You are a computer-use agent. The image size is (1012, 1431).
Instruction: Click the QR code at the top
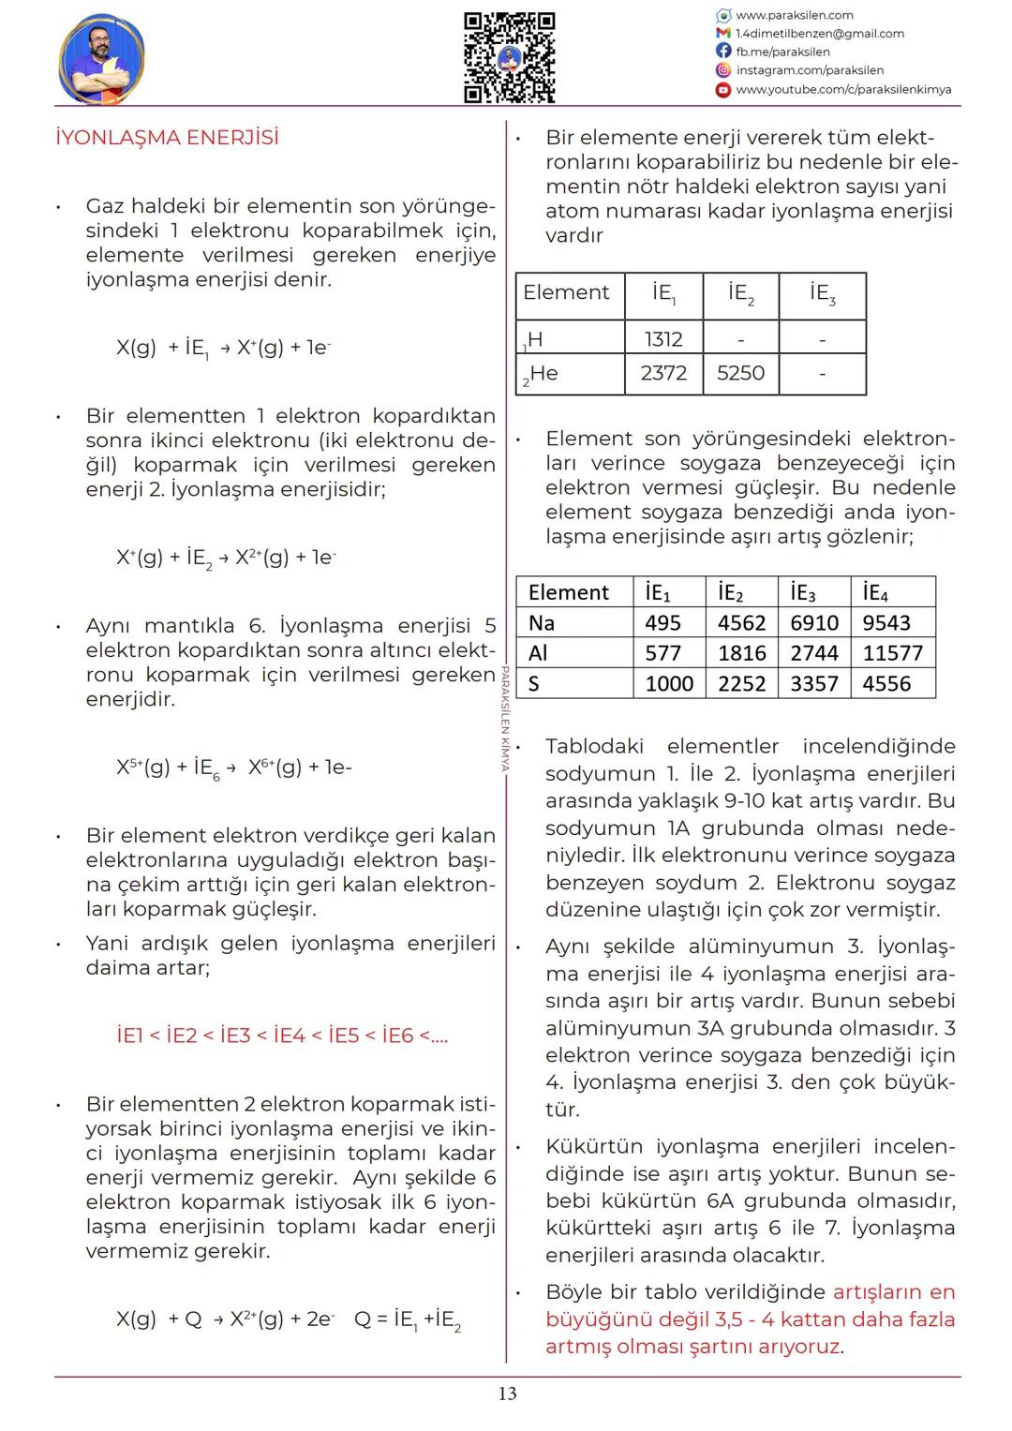[x=510, y=57]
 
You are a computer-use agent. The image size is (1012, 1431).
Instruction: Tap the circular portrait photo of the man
[x=101, y=58]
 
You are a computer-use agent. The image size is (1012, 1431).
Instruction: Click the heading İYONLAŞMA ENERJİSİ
[x=167, y=138]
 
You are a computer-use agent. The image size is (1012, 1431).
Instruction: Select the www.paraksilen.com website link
[x=794, y=15]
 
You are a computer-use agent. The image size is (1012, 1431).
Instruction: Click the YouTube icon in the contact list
[x=722, y=90]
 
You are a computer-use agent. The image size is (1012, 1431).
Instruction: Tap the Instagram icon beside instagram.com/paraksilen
[x=722, y=70]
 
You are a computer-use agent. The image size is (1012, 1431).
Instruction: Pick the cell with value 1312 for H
[x=663, y=338]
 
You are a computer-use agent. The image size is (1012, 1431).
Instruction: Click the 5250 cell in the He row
[x=740, y=373]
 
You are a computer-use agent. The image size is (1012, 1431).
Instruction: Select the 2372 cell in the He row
[x=663, y=373]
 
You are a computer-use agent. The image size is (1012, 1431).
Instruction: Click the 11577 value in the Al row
[x=892, y=653]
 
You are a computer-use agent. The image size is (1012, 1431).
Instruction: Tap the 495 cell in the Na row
[x=662, y=623]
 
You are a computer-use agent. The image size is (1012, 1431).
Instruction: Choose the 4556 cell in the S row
[x=886, y=684]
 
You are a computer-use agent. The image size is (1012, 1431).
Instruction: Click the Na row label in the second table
[x=542, y=623]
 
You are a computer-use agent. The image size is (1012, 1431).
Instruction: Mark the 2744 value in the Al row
[x=813, y=653]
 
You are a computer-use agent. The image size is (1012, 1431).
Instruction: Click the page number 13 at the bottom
[x=507, y=1394]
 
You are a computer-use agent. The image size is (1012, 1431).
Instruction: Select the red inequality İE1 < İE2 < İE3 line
[x=282, y=1036]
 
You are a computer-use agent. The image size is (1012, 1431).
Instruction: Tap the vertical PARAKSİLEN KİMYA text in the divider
[x=504, y=718]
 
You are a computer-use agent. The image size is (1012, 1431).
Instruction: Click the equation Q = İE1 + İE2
[x=408, y=1319]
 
